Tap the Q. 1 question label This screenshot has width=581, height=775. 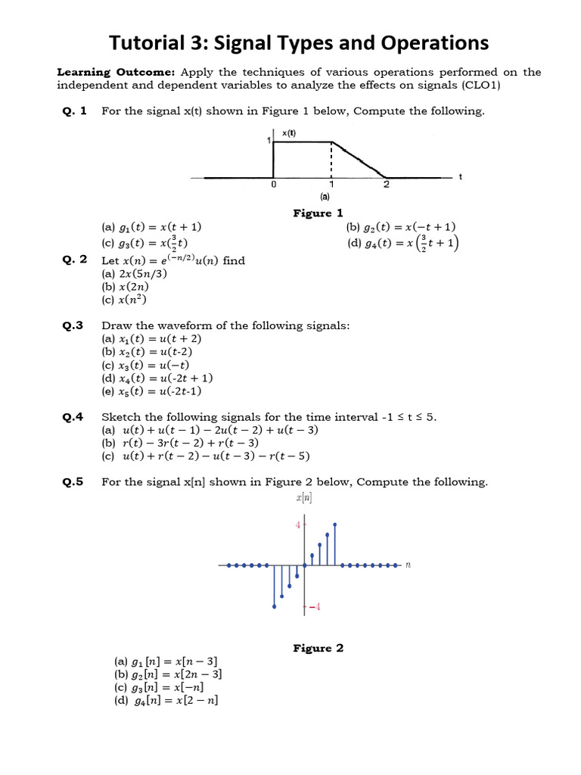click(x=75, y=111)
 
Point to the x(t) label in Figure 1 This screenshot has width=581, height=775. click(x=289, y=133)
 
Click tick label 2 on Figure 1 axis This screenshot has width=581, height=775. click(x=387, y=184)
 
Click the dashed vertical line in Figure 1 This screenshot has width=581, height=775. click(x=331, y=160)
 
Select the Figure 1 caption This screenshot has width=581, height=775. click(x=318, y=213)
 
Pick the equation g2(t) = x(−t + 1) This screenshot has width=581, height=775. click(x=401, y=226)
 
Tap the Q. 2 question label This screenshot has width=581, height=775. click(x=75, y=260)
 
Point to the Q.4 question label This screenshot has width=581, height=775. click(x=73, y=417)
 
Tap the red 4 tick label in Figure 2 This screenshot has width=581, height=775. click(x=297, y=525)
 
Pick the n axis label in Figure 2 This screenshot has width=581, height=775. click(x=408, y=565)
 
